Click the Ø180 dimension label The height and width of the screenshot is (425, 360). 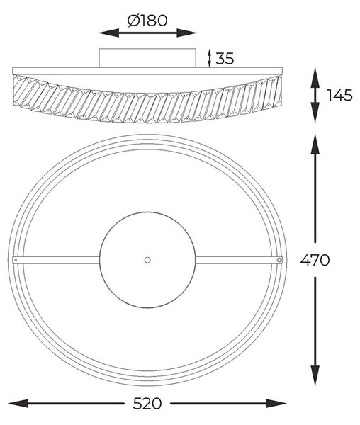tap(147, 21)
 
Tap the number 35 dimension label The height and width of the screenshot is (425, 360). tap(225, 58)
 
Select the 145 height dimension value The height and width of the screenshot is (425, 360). tap(340, 95)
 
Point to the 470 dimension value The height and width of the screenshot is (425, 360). tap(315, 261)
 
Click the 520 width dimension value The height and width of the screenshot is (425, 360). tap(147, 404)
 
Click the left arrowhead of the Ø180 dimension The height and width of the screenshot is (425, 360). tap(108, 33)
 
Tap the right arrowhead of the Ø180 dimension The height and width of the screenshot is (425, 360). tap(186, 33)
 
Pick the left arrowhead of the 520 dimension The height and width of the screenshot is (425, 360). tap(18, 403)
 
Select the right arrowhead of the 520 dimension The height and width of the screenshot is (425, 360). tap(276, 403)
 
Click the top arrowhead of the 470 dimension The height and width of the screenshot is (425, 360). tap(315, 144)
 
